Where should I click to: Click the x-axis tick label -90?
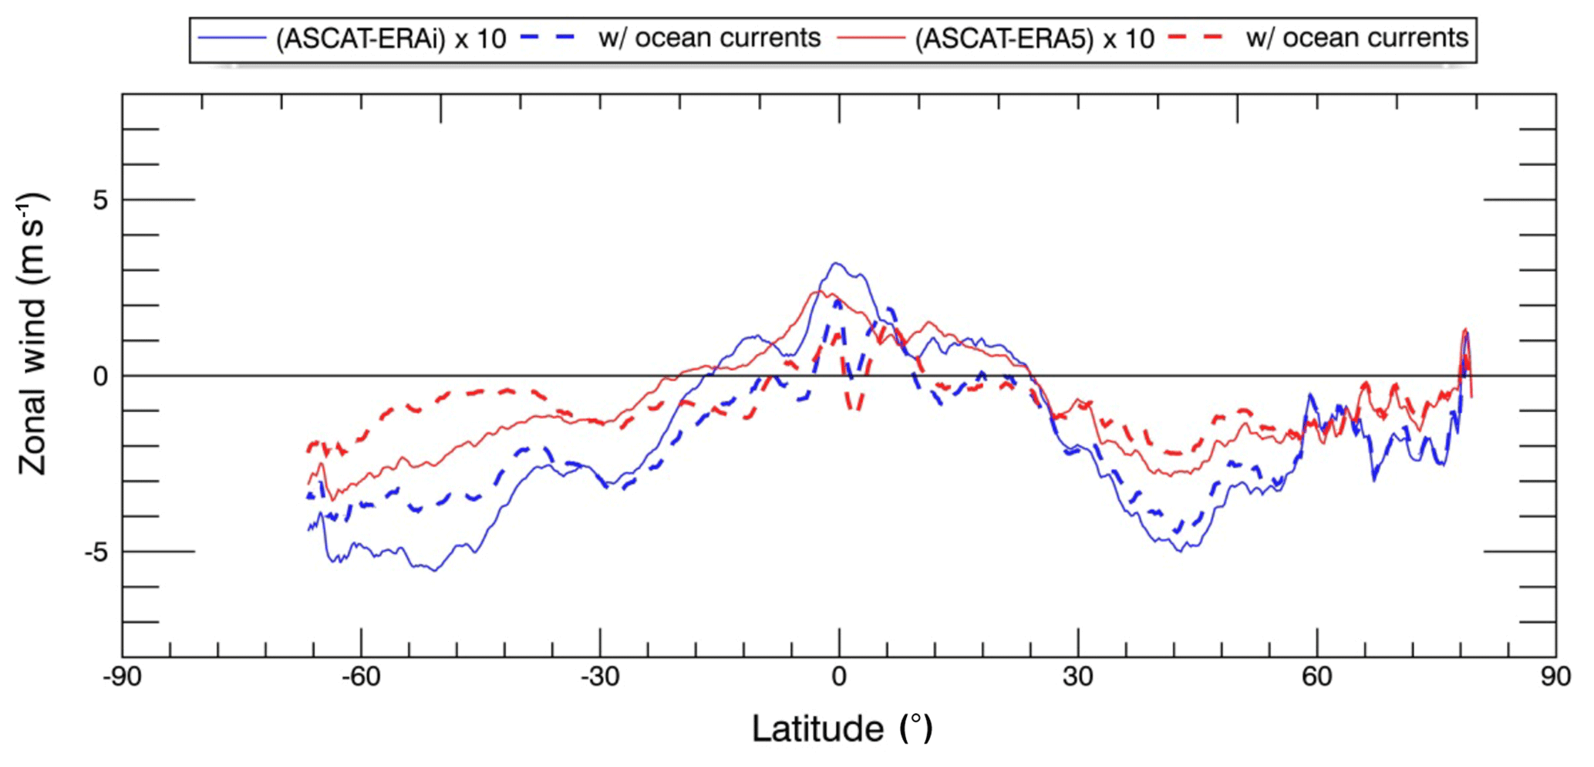pyautogui.click(x=122, y=677)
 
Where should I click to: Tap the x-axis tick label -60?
pyautogui.click(x=361, y=677)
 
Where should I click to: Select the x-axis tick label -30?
pyautogui.click(x=600, y=677)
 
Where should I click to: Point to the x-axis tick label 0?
pyautogui.click(x=839, y=677)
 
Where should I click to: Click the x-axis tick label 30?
pyautogui.click(x=1077, y=677)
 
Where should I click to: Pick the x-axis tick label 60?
pyautogui.click(x=1316, y=677)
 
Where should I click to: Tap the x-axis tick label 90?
pyautogui.click(x=1555, y=677)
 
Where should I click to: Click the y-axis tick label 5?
pyautogui.click(x=100, y=200)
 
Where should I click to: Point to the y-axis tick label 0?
pyautogui.click(x=100, y=377)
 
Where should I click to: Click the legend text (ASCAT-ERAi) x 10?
pyautogui.click(x=391, y=39)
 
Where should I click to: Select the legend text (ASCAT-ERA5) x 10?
pyautogui.click(x=1034, y=39)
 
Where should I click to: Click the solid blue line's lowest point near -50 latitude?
pyautogui.click(x=435, y=571)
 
